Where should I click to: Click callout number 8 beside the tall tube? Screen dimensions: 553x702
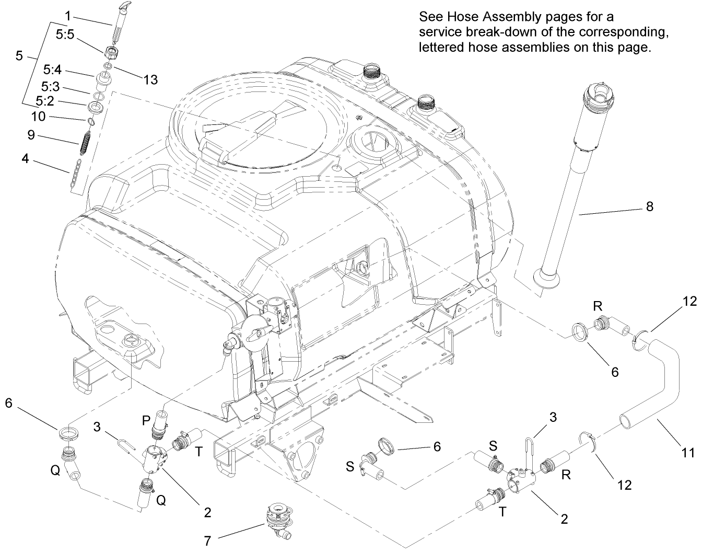[649, 206]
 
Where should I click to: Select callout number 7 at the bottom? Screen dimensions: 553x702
[207, 540]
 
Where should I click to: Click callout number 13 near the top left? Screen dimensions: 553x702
[150, 79]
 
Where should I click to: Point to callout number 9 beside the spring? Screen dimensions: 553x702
[31, 135]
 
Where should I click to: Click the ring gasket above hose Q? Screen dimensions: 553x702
[69, 433]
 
